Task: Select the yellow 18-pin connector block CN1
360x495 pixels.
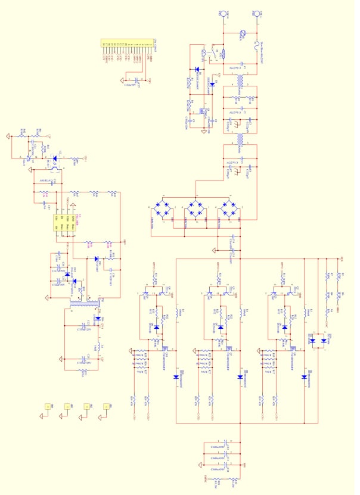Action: click(x=126, y=43)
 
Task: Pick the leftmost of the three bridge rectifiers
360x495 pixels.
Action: click(x=160, y=208)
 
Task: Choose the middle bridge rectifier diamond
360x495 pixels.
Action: click(x=193, y=208)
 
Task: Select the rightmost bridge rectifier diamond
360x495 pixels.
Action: click(x=226, y=208)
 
